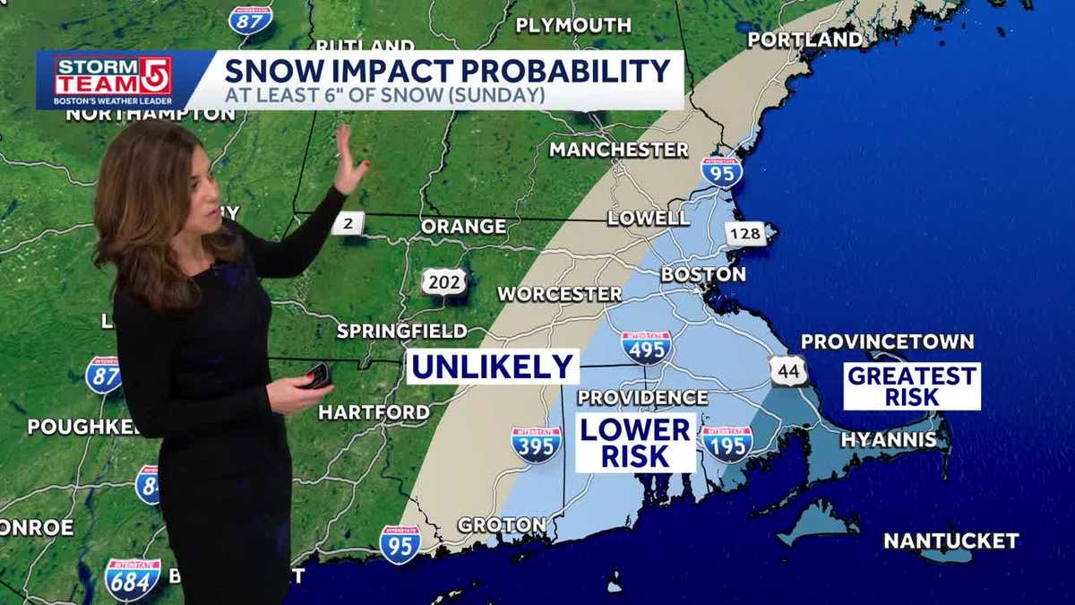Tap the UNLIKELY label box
tap(493, 367)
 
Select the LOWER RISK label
tap(635, 442)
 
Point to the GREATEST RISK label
tap(912, 386)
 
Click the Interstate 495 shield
tap(646, 347)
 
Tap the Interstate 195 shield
tap(727, 444)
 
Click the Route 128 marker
tap(744, 234)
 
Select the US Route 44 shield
tap(787, 371)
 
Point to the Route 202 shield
tap(444, 283)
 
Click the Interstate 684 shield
tap(133, 579)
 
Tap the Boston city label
tap(703, 274)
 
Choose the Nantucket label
tap(950, 540)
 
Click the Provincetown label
tap(887, 341)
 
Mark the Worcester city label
tap(559, 294)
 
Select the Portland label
tap(805, 39)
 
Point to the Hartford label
tap(374, 412)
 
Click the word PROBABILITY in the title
tap(555, 71)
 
